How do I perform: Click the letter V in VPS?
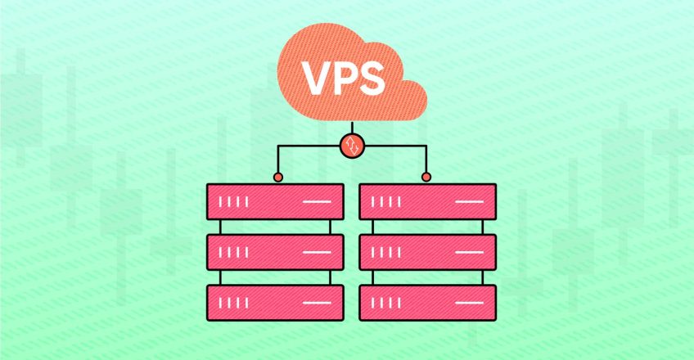[x=315, y=77]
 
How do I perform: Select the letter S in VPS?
[x=374, y=77]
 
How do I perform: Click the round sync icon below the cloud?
[x=352, y=147]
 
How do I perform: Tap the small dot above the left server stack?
[x=278, y=177]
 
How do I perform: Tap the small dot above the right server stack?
[x=426, y=177]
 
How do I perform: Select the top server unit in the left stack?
[x=274, y=200]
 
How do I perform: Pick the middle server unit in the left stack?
[x=274, y=251]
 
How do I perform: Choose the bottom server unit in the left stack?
[x=274, y=302]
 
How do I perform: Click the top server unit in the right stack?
[x=427, y=200]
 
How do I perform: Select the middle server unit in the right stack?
[x=427, y=251]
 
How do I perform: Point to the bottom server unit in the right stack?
[x=427, y=302]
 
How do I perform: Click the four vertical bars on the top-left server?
[x=237, y=201]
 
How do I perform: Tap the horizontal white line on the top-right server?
[x=470, y=201]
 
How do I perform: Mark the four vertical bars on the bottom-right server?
[x=389, y=303]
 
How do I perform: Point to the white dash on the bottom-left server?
[x=317, y=303]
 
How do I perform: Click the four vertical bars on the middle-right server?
[x=389, y=252]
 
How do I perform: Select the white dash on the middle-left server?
[x=317, y=252]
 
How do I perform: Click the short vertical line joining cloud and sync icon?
[x=352, y=129]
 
